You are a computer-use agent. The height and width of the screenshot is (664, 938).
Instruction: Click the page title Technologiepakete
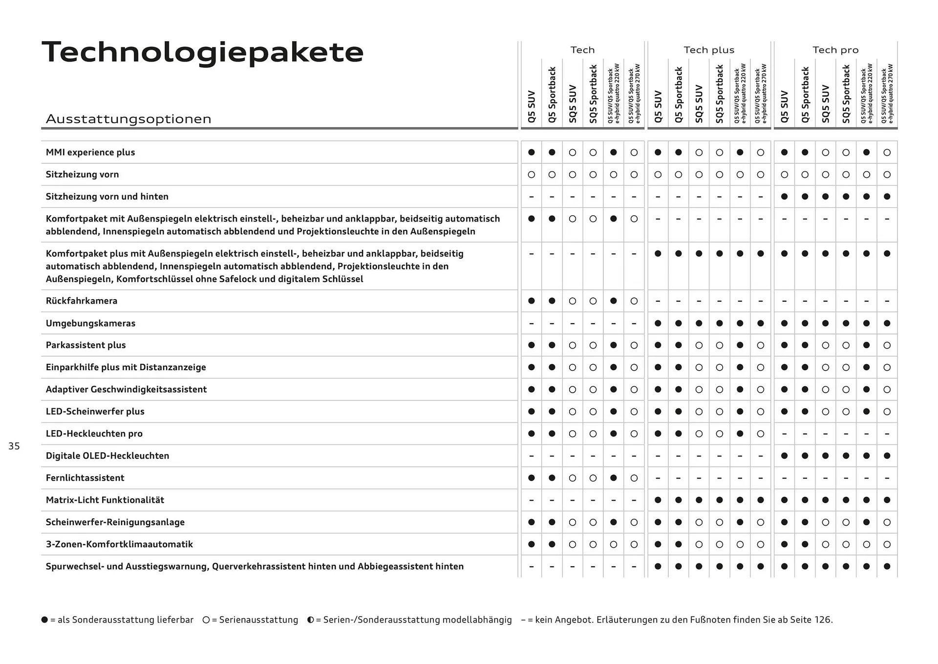(x=203, y=52)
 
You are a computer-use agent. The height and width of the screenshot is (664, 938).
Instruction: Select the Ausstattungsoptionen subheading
(x=128, y=119)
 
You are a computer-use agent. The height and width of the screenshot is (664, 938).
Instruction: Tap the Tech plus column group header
(x=708, y=50)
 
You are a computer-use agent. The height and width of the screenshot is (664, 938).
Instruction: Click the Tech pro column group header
(x=835, y=50)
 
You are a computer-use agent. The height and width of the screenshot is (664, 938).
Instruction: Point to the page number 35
(x=14, y=446)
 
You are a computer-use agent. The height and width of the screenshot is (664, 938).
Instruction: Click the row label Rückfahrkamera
(x=82, y=301)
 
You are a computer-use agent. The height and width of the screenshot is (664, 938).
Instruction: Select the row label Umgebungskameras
(x=90, y=323)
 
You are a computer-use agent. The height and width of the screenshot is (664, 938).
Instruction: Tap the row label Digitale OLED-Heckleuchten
(x=107, y=456)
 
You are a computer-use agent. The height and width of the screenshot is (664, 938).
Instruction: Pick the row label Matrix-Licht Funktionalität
(x=105, y=500)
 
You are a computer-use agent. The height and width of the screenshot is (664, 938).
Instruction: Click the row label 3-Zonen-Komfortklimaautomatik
(x=119, y=544)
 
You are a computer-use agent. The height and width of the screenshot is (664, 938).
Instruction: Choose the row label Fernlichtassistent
(x=85, y=478)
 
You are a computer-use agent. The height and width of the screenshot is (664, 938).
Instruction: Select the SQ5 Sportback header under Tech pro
(x=846, y=94)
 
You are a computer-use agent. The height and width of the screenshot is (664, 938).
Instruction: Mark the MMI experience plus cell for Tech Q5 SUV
(x=532, y=153)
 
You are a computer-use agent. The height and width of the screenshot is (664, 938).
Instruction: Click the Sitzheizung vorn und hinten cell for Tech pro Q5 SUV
(x=784, y=197)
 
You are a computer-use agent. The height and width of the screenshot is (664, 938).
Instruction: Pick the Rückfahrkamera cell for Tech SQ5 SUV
(x=573, y=301)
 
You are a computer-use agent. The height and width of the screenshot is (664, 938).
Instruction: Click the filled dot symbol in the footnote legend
(x=45, y=620)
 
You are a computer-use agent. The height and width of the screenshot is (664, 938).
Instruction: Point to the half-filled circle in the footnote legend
(x=310, y=620)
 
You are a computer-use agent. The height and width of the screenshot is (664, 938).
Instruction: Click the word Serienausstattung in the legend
(x=258, y=620)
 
